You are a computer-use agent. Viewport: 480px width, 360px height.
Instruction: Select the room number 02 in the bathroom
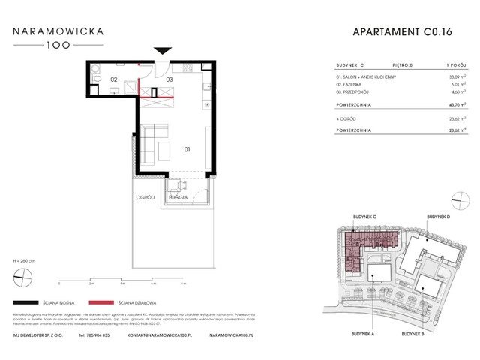click(x=115, y=79)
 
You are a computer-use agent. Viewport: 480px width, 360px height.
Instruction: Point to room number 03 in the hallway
click(x=169, y=79)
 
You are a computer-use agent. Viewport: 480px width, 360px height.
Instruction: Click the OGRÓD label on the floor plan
click(x=145, y=198)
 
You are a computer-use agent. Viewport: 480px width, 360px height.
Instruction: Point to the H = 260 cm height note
click(x=25, y=259)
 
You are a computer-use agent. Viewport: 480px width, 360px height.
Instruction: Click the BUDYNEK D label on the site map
click(x=439, y=216)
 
